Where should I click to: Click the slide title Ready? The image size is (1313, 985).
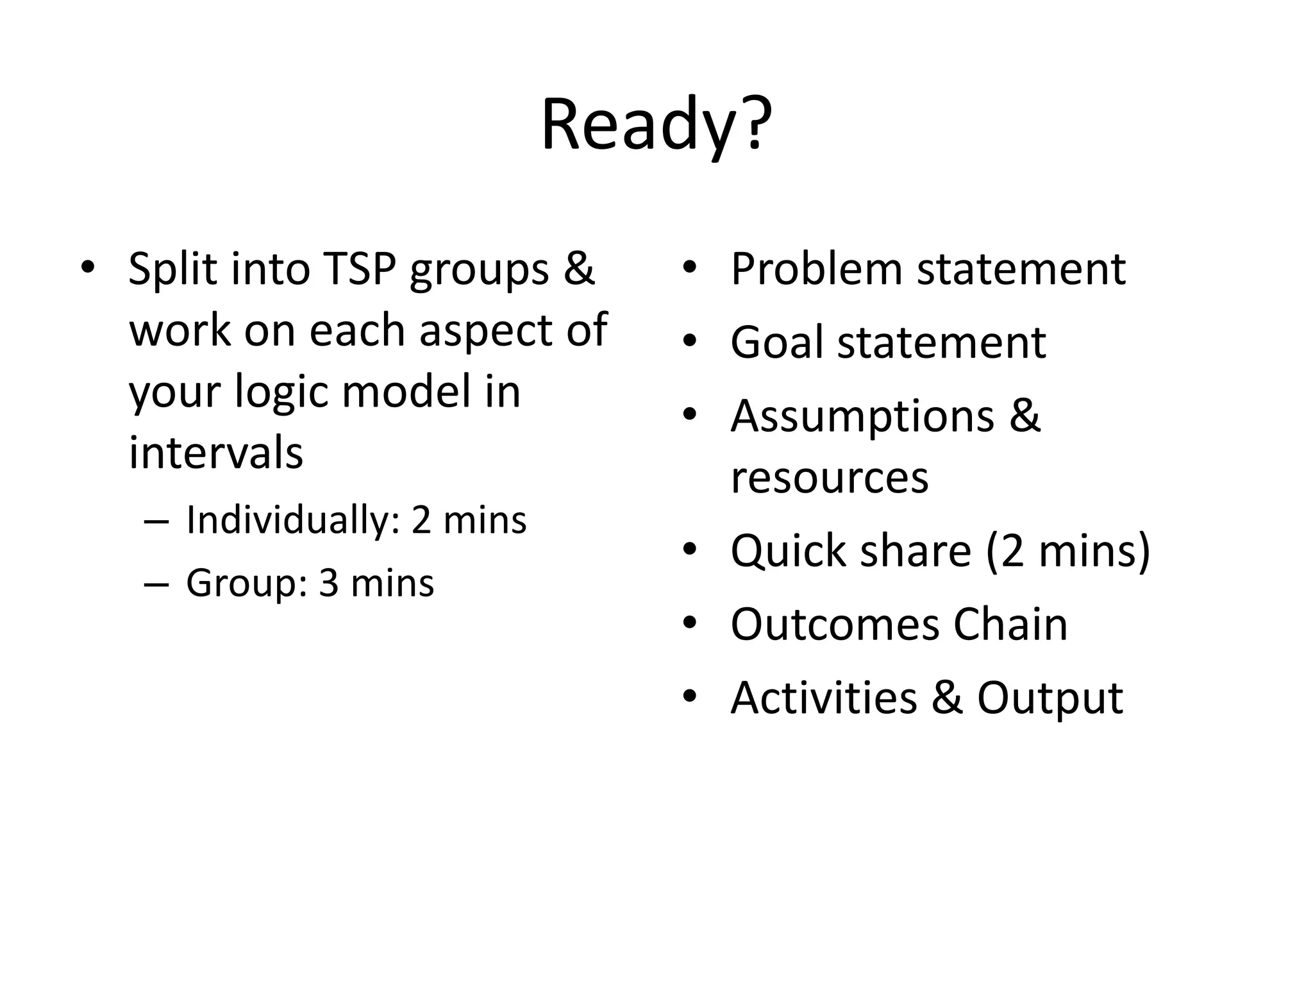tap(656, 126)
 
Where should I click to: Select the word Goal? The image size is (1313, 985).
tap(776, 342)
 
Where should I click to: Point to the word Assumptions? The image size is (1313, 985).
tap(862, 417)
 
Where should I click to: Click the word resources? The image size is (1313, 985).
tap(829, 477)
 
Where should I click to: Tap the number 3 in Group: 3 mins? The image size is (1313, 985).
tap(328, 584)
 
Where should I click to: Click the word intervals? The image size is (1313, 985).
tap(216, 453)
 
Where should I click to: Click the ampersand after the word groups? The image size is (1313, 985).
tap(579, 268)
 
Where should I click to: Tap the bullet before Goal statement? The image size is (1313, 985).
tap(689, 342)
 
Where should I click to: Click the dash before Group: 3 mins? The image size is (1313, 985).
tap(156, 584)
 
